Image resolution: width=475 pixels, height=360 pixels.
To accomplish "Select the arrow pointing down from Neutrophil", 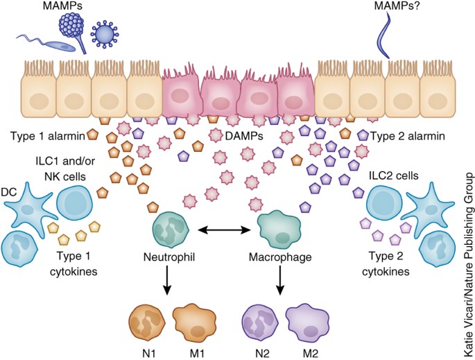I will [167, 284].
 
